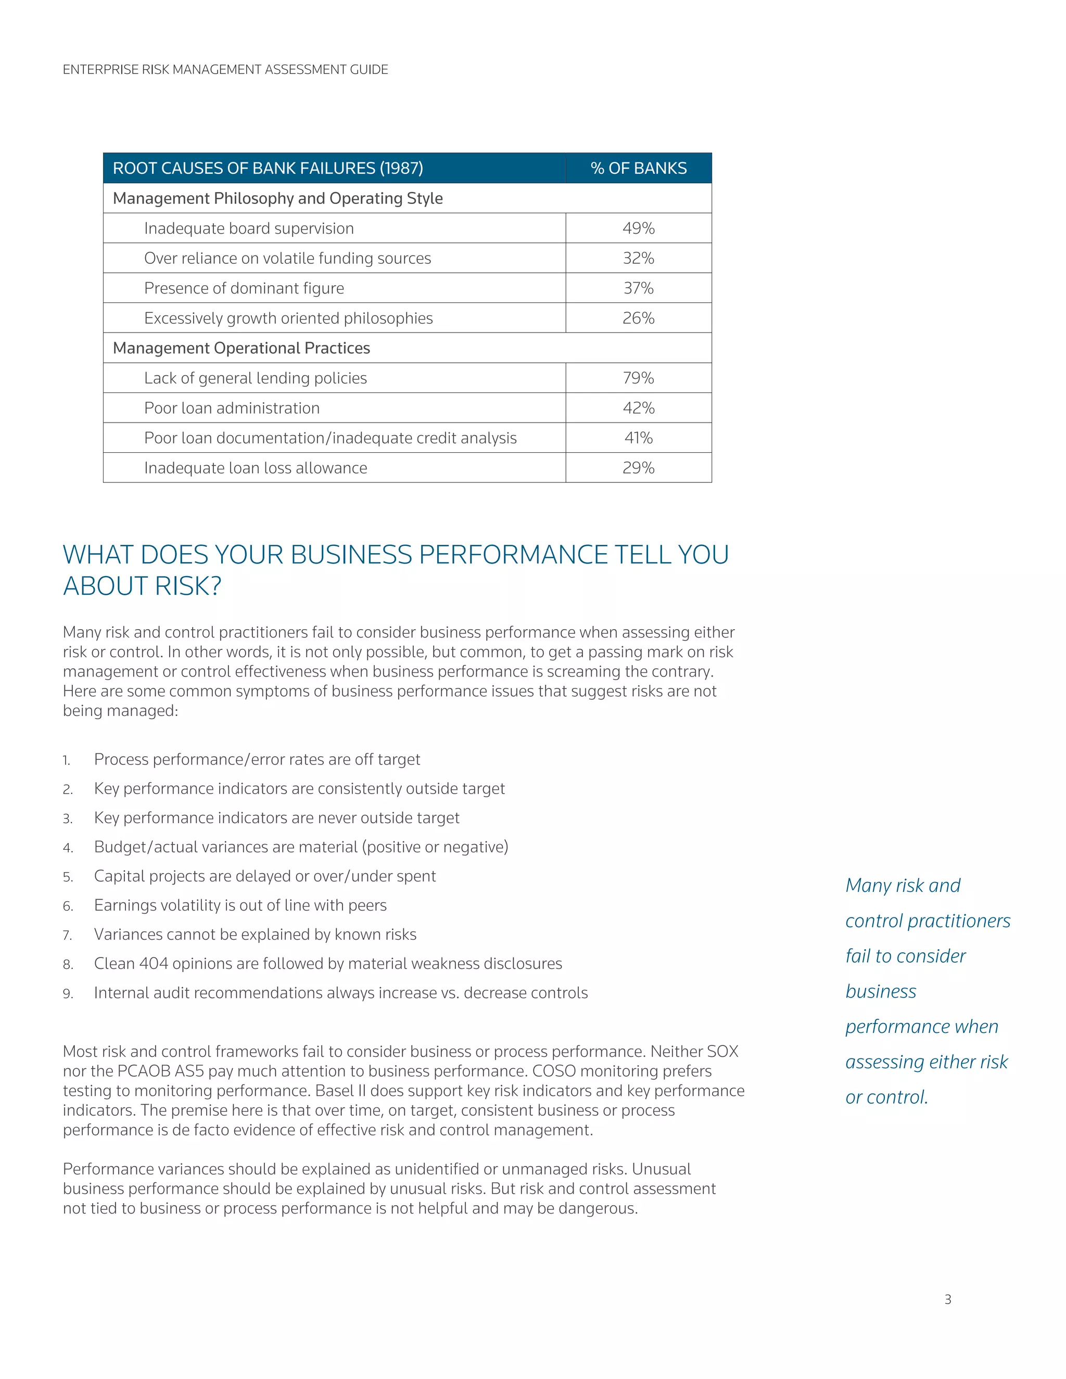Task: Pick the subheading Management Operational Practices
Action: [x=241, y=348]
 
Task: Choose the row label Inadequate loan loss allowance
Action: [x=255, y=468]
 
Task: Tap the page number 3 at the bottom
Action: [x=947, y=1299]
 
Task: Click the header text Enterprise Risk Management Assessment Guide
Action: [x=225, y=69]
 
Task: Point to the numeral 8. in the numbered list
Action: [x=68, y=964]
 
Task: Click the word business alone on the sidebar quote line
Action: [x=880, y=991]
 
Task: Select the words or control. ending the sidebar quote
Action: [x=886, y=1097]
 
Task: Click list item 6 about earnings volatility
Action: [x=240, y=905]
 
